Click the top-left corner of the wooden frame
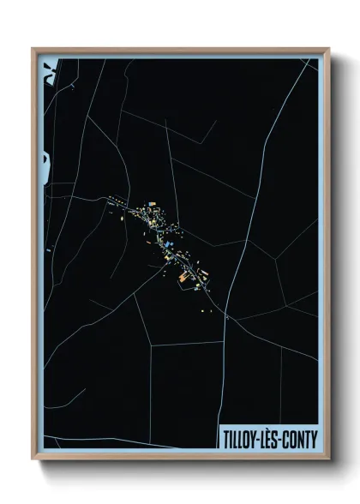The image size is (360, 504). (x=32, y=49)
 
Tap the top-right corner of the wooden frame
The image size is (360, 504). (x=329, y=49)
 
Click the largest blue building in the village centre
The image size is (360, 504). (x=170, y=244)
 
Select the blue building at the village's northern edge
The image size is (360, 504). (x=153, y=204)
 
